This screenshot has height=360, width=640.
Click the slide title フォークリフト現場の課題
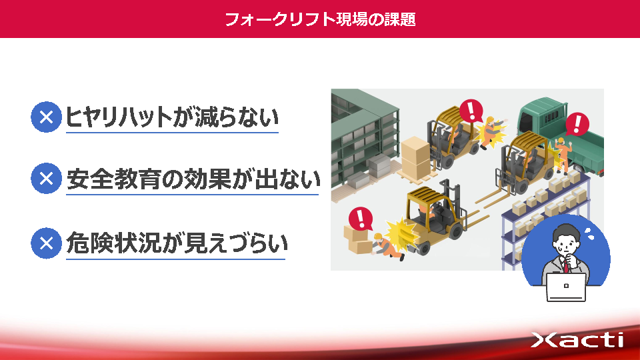tap(320, 19)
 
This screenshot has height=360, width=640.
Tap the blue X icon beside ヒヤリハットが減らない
tap(46, 117)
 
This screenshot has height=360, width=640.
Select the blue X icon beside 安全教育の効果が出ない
tap(46, 179)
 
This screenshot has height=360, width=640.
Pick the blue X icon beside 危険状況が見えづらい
tap(46, 243)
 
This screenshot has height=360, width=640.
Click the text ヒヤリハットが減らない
tap(172, 117)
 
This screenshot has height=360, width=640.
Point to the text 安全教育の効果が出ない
tap(193, 179)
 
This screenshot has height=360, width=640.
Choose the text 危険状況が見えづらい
tap(176, 243)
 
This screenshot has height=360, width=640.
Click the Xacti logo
tap(577, 339)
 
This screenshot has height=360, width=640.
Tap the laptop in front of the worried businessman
tap(566, 287)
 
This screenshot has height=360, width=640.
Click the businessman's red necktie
tap(566, 267)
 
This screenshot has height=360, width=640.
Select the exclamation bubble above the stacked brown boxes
tap(361, 218)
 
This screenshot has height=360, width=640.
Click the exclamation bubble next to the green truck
tap(577, 124)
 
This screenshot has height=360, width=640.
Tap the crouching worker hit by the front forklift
tap(387, 247)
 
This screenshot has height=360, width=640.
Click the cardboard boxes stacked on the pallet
tap(415, 157)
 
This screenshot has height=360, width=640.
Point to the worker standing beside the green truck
tap(563, 154)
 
